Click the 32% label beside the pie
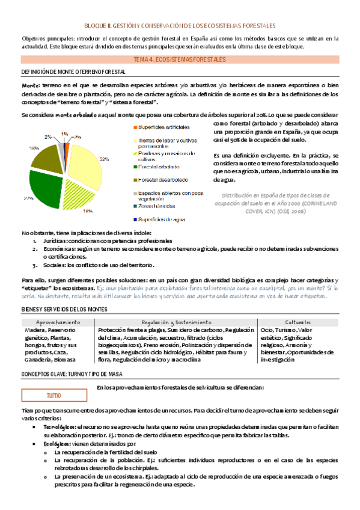104,159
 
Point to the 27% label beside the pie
28,198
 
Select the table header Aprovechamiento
58,323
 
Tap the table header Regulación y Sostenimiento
176,323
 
